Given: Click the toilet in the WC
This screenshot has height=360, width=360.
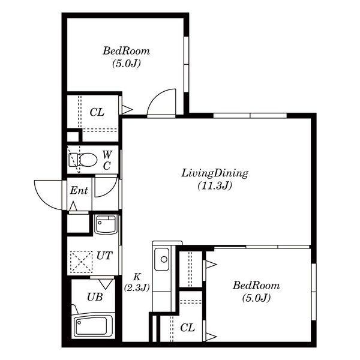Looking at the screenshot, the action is tap(83, 160).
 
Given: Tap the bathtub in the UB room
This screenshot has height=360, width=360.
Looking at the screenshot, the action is tap(92, 325).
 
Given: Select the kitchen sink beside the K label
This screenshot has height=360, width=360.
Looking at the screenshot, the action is tap(161, 259).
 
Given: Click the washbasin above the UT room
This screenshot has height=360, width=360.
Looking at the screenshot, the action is tap(106, 224).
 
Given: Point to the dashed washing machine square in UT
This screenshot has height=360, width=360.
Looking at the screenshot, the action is tap(81, 262).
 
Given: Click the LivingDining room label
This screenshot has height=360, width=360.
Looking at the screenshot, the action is tap(215, 173).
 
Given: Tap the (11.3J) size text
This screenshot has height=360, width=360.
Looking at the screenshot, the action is tap(215, 185).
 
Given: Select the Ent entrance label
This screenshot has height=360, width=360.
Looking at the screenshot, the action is tap(79, 190).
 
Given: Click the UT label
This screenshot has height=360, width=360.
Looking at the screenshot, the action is tap(104, 256).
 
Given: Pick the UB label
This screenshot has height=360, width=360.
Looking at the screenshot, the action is tap(95, 297).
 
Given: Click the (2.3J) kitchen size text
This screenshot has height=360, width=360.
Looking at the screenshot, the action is tap(137, 287).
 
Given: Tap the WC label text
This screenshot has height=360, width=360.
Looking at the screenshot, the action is tap(107, 160).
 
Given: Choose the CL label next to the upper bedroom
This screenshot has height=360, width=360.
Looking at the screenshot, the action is tap(97, 112).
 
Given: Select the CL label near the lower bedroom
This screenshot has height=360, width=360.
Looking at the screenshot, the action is tap(187, 328).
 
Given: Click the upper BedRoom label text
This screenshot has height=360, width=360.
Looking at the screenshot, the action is tap(126, 51).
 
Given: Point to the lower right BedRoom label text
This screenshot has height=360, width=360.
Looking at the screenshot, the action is tap(256, 286).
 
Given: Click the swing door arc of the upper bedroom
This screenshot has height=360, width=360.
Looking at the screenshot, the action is tap(157, 94).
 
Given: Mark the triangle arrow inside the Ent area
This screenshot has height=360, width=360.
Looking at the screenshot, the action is tap(73, 206).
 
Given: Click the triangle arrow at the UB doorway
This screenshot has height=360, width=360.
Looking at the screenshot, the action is tap(106, 284).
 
